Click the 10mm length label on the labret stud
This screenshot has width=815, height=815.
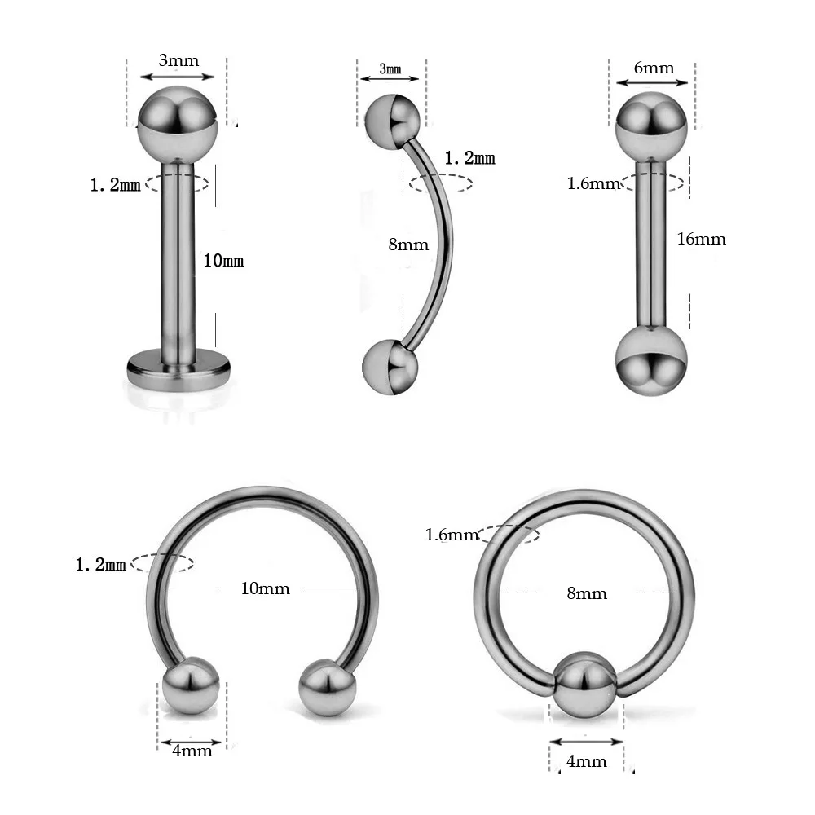point(223,261)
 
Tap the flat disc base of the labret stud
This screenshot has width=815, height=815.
point(178,368)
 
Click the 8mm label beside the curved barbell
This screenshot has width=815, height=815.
point(408,244)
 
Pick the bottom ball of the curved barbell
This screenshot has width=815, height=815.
point(390,367)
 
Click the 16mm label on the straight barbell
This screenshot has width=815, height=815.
point(701,239)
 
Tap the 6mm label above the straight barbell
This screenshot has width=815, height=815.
point(654,68)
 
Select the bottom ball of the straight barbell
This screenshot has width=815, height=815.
point(650,361)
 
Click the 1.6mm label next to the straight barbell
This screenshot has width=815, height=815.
point(594,183)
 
